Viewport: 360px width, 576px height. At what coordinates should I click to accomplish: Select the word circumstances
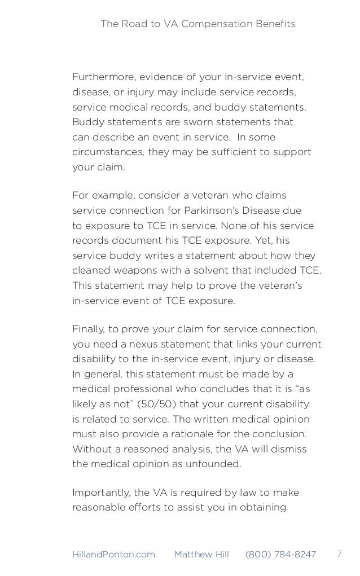click(102, 153)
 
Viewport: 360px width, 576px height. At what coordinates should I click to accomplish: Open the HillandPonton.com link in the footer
click(113, 555)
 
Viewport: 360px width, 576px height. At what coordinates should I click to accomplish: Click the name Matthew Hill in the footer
click(201, 555)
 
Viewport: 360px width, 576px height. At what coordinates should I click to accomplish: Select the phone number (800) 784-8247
click(280, 555)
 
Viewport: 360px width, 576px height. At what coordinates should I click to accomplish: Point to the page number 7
click(339, 554)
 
